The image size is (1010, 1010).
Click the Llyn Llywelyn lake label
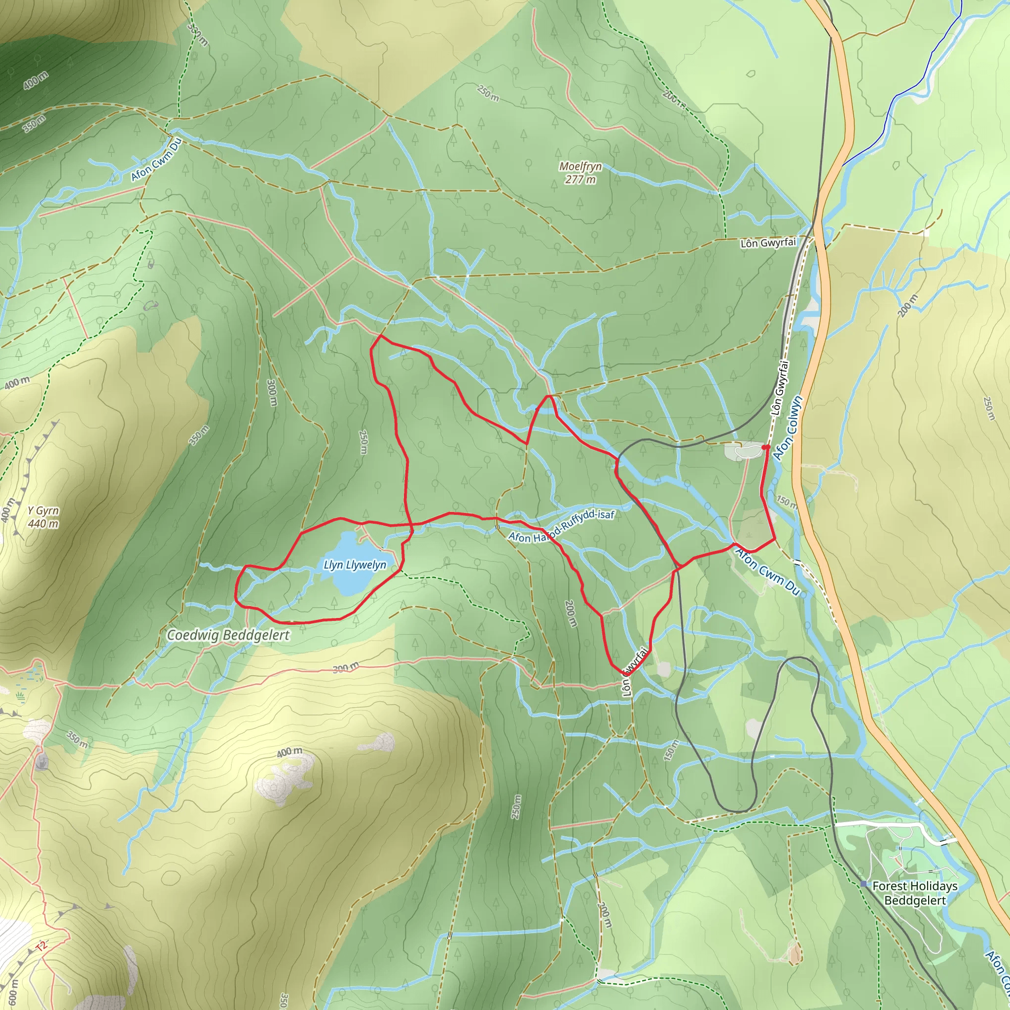(355, 565)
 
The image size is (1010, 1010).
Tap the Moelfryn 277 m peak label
(580, 173)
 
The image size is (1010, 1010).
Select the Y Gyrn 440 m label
(43, 517)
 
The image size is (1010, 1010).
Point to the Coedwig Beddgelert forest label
(228, 635)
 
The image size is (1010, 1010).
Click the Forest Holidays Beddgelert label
(915, 893)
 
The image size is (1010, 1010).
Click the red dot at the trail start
(765, 447)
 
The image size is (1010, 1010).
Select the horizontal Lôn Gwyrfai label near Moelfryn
(768, 243)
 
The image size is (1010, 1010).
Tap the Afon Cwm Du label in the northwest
(156, 159)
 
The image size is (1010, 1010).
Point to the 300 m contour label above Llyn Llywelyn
(271, 393)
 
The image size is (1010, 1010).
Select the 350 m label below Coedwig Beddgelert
(77, 738)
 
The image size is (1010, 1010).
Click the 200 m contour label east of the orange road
(908, 306)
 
